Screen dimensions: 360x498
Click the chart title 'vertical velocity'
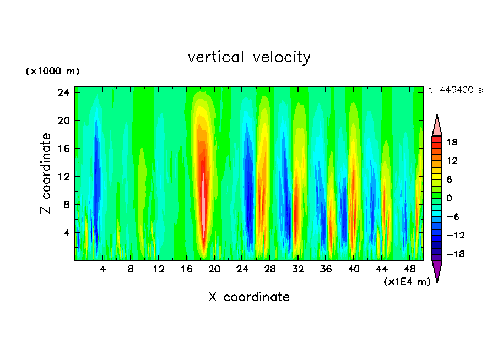249,57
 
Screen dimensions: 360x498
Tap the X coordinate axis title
249,297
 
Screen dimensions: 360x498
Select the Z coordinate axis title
46,173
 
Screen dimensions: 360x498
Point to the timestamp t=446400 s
455,90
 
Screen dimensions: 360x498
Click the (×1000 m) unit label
52,72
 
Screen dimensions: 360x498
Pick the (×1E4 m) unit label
407,282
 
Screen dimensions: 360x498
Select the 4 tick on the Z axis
68,233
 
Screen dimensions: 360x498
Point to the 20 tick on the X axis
214,269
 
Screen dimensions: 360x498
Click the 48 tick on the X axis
409,269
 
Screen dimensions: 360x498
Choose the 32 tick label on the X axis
298,269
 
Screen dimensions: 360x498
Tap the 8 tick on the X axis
131,269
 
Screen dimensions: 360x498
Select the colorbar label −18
452,254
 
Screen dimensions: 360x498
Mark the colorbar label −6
452,217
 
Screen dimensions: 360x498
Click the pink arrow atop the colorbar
437,126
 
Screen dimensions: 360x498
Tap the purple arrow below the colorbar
437,271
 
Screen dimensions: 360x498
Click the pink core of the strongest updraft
203,198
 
